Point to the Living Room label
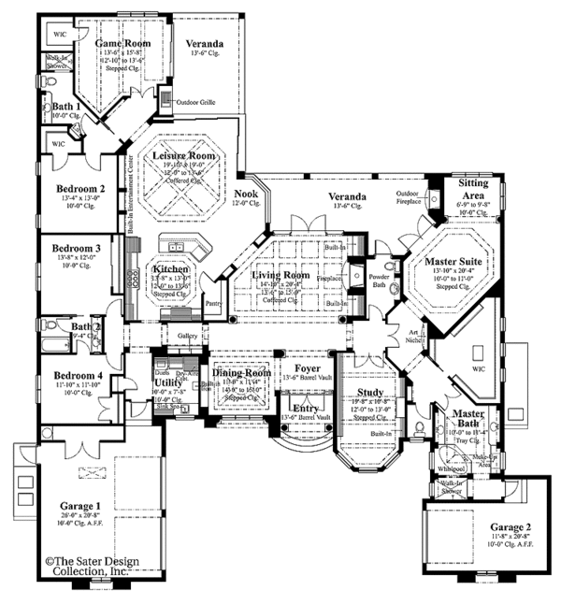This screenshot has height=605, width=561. point(280,276)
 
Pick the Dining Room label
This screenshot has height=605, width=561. point(242,372)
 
